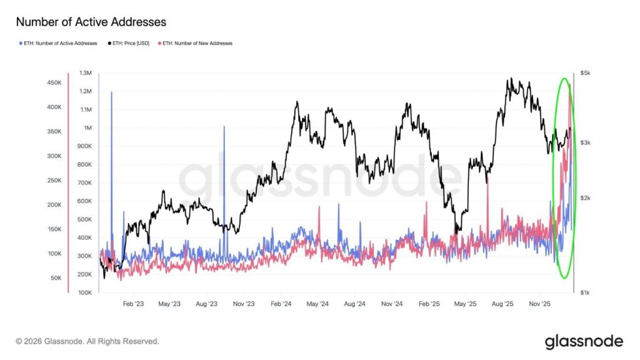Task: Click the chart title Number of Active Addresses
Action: pyautogui.click(x=91, y=22)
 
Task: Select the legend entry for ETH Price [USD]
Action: pyautogui.click(x=130, y=43)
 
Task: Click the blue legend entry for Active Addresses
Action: pyautogui.click(x=58, y=43)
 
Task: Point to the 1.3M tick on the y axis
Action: pyautogui.click(x=85, y=73)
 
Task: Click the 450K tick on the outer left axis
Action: pyautogui.click(x=54, y=82)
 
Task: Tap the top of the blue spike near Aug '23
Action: pyautogui.click(x=224, y=127)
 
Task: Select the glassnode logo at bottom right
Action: pyautogui.click(x=584, y=341)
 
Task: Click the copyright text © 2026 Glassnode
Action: pyautogui.click(x=87, y=341)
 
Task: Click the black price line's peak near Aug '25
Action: pyautogui.click(x=511, y=79)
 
